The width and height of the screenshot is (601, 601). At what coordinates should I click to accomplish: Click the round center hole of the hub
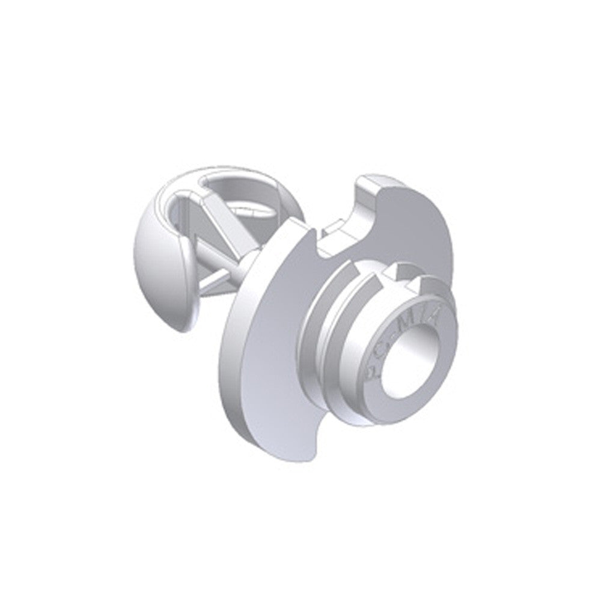click(x=406, y=363)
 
